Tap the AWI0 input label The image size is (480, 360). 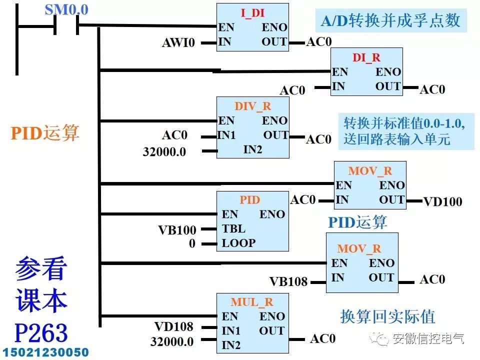pos(178,42)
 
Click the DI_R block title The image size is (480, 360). pos(366,57)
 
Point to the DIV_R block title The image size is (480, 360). pos(252,106)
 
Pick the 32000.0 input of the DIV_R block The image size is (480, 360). pos(164,151)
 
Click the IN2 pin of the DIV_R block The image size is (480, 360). pos(252,149)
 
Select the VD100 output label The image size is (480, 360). pos(442,202)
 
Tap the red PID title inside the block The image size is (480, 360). pos(249,200)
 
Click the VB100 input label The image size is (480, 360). pos(177,230)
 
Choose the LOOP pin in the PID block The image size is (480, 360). pos(238,243)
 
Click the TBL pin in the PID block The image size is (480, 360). pos(233,228)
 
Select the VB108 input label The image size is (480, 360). pos(288,281)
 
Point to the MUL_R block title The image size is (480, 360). pos(252,302)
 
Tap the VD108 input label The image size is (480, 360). pos(173,327)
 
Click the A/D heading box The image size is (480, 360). pos(390,21)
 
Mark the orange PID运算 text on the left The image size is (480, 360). pos(45,133)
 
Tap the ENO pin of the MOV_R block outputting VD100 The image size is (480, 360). pos(391,185)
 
